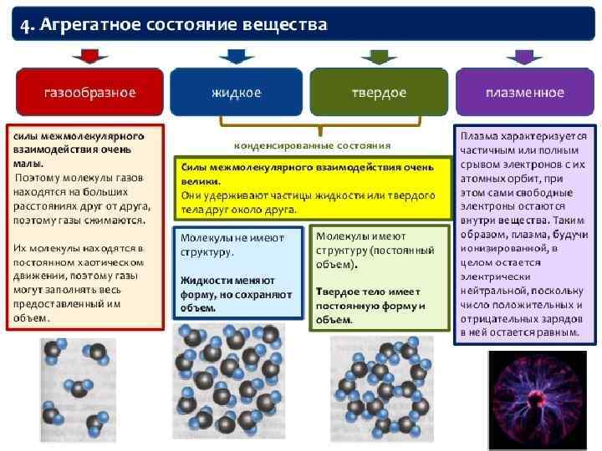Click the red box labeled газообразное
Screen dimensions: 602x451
[x=89, y=92]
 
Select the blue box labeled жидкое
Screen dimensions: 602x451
[x=236, y=92]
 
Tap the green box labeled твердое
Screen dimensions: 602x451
[x=378, y=92]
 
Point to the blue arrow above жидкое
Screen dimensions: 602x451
[x=236, y=57]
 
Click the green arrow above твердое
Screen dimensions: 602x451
[x=379, y=57]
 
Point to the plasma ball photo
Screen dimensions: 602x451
[x=536, y=400]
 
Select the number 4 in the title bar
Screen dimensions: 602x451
[x=25, y=24]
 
